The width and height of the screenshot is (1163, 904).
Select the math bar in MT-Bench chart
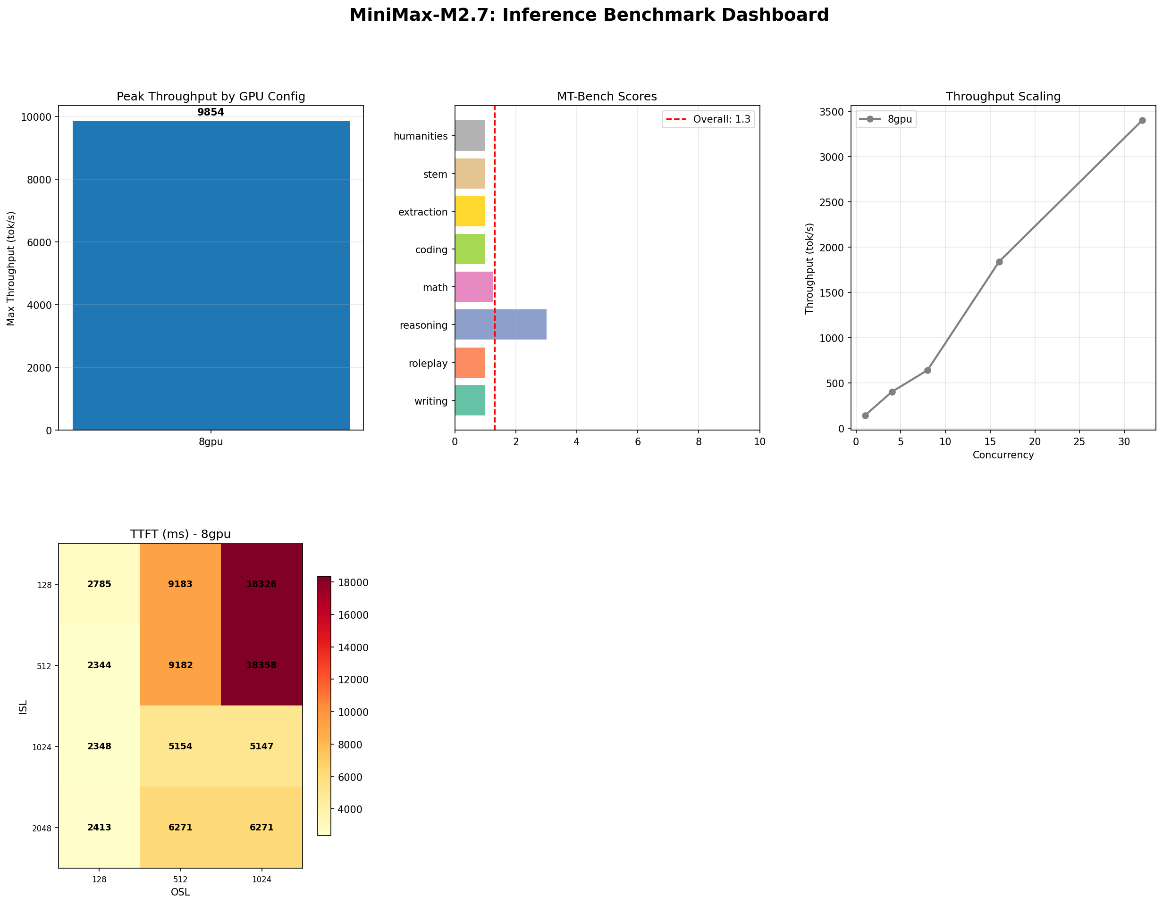point(473,287)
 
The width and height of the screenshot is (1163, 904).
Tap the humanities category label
point(421,136)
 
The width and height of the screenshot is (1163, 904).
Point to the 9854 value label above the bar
point(211,112)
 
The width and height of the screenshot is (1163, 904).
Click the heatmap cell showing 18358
point(261,665)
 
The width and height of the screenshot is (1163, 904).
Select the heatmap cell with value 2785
point(99,584)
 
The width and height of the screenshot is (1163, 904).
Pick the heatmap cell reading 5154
point(180,746)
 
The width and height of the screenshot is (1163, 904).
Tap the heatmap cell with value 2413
point(99,828)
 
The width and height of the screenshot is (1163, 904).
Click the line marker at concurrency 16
point(999,262)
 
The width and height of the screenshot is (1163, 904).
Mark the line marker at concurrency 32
point(1142,121)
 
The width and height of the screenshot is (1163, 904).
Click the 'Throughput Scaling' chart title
point(1003,96)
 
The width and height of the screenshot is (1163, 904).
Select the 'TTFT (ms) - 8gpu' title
point(180,534)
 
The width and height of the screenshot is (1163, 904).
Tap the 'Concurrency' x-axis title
point(1003,455)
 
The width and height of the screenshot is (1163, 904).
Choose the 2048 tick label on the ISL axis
point(42,828)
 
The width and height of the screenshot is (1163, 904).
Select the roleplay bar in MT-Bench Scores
point(470,363)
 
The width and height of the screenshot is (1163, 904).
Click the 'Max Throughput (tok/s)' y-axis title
point(11,268)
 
